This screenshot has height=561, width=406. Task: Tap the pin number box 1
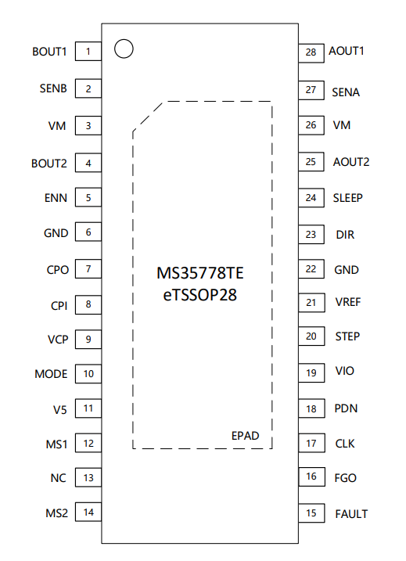point(88,51)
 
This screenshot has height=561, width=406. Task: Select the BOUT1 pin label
point(49,52)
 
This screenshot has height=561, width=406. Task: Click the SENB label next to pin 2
point(53,88)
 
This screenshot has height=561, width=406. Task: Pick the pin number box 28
point(311,53)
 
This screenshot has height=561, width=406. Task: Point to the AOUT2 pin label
point(351,162)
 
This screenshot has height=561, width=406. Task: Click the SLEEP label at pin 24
point(347,198)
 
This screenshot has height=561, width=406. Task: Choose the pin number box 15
point(311,513)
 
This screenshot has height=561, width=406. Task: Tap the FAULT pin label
point(351,514)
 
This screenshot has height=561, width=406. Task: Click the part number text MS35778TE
point(200,273)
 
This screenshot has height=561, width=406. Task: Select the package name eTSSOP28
point(200,295)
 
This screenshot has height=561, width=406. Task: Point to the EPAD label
point(245,436)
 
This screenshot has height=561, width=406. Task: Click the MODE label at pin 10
point(51,374)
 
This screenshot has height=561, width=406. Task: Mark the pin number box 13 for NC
point(88,477)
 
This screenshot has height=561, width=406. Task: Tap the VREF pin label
point(347,302)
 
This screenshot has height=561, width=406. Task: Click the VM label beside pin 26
point(342,125)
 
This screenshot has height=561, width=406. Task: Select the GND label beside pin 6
point(56,233)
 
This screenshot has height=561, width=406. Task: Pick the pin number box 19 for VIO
point(311,372)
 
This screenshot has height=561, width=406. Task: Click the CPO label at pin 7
point(58,270)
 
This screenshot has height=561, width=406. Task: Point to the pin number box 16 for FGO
point(311,476)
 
